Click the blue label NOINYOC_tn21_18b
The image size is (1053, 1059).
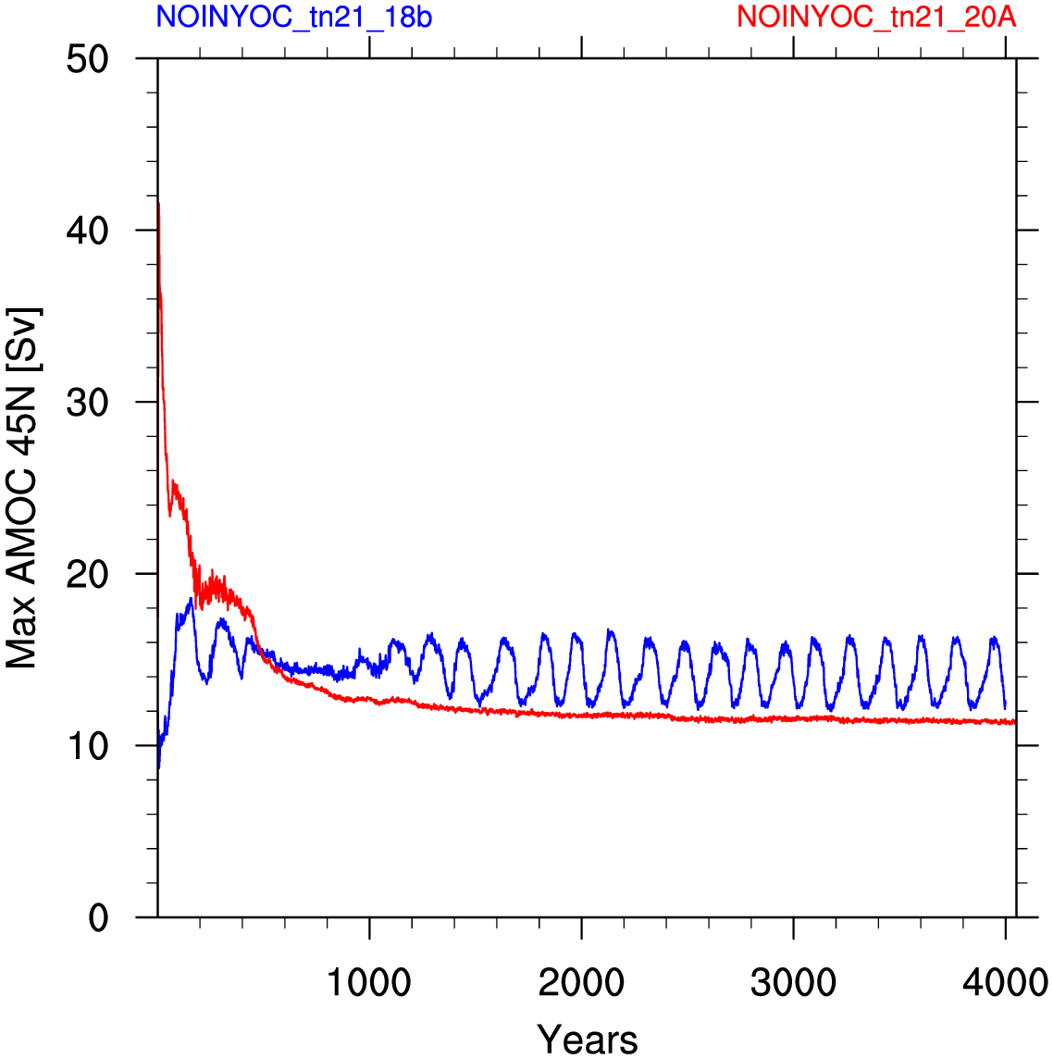[293, 17]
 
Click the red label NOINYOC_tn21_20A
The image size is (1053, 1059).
[876, 17]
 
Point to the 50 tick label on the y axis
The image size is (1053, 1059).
[88, 59]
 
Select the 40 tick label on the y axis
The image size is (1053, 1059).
[88, 231]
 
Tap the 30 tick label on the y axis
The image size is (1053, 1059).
[88, 403]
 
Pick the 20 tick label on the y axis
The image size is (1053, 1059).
[88, 574]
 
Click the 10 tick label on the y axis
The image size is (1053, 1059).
[88, 746]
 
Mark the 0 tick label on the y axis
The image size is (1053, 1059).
[99, 918]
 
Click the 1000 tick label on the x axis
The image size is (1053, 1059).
[369, 983]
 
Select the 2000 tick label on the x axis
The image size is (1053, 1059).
[581, 983]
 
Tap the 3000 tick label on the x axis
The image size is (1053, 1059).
[793, 983]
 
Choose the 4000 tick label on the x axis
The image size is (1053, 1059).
[1005, 983]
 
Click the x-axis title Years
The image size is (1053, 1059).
[588, 1040]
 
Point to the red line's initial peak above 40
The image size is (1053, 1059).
[158, 204]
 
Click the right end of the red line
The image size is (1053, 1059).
[1014, 722]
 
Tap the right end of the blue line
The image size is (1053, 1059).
[1005, 708]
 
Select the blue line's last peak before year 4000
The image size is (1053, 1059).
[994, 638]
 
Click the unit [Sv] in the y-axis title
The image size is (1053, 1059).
[23, 339]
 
